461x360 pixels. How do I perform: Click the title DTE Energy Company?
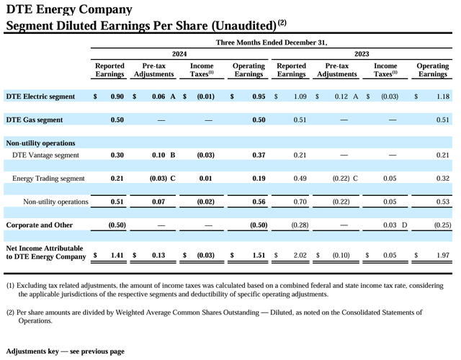point(68,9)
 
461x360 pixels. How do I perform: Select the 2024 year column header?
point(179,54)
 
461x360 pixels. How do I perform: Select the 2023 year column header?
point(363,54)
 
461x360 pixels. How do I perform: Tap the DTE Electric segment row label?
point(40,96)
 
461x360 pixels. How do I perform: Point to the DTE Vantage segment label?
point(45,155)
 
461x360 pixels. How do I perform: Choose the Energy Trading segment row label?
point(48,178)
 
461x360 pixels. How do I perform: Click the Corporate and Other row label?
point(39,225)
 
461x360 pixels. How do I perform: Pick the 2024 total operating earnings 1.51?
point(257,255)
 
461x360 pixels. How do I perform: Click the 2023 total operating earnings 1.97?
point(442,255)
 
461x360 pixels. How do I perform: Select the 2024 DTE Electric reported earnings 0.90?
point(117,96)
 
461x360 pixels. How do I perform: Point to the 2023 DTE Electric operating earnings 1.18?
point(442,96)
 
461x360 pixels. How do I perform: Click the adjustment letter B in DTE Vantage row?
point(173,155)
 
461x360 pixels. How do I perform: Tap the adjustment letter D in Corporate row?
point(405,225)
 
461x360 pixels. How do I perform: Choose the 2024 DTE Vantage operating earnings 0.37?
point(257,155)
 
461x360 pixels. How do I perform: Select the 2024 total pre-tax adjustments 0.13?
point(158,255)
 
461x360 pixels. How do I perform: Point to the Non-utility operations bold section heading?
point(40,143)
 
